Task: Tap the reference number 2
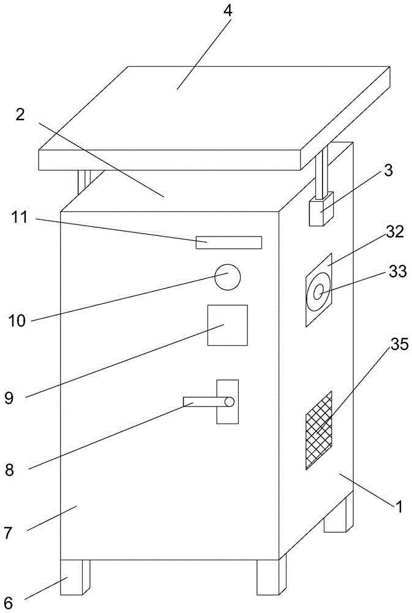click(x=20, y=115)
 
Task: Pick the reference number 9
click(x=9, y=397)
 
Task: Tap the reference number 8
click(x=9, y=470)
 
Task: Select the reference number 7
click(x=8, y=533)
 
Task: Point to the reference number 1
click(x=399, y=507)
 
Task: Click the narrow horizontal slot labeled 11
click(x=228, y=243)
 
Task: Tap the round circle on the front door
click(x=228, y=277)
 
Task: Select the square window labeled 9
click(x=228, y=325)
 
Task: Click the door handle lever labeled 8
click(x=208, y=402)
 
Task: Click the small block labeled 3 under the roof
click(x=320, y=211)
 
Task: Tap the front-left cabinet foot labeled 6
click(x=75, y=576)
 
